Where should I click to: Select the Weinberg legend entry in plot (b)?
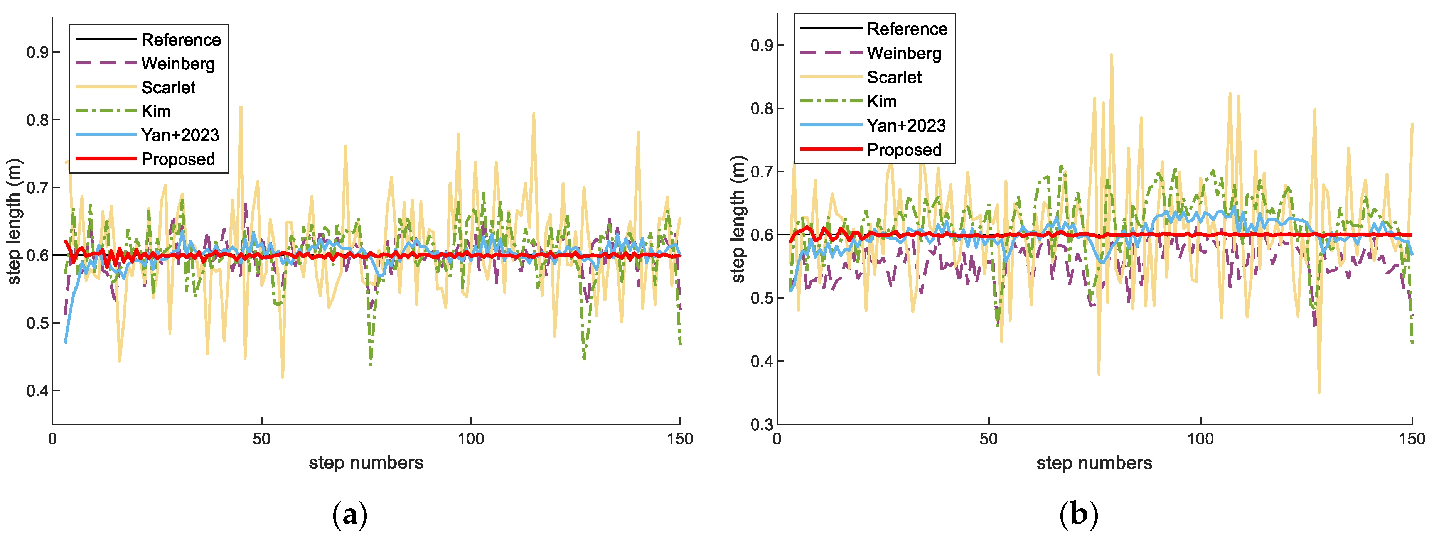pos(904,53)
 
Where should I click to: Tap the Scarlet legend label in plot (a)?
pos(168,88)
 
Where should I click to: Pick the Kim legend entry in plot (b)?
pos(881,101)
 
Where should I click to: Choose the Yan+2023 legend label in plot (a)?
pos(180,135)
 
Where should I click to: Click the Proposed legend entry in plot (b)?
pos(904,150)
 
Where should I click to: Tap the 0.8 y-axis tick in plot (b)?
pos(761,108)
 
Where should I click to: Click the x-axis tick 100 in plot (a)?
pos(470,439)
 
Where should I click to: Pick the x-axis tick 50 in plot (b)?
pos(989,439)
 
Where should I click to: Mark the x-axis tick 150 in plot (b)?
pos(1411,439)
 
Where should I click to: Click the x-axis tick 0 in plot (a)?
pos(53,439)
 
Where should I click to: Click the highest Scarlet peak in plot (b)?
pos(1112,55)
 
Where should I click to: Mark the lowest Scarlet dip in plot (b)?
pos(1319,392)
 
